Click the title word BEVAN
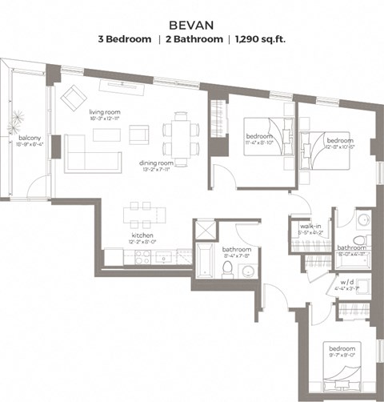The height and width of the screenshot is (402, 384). coord(192,23)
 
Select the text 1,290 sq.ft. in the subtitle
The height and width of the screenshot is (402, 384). coord(261,38)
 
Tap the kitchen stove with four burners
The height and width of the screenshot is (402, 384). coord(141,257)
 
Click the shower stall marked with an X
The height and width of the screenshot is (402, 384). coord(204,231)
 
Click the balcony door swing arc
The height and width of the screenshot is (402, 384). coord(37,188)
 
